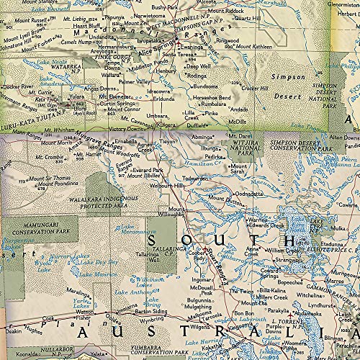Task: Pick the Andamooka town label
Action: point(305,315)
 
